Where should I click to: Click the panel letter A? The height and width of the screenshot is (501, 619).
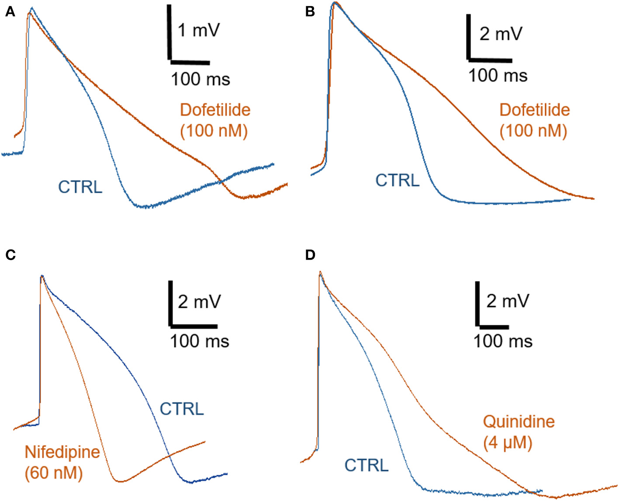click(x=10, y=12)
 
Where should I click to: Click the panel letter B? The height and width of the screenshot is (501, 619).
click(x=310, y=12)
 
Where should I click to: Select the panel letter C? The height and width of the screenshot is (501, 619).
click(x=10, y=255)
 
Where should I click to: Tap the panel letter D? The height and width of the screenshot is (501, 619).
click(x=310, y=255)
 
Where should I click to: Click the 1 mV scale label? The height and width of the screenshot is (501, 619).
click(x=199, y=31)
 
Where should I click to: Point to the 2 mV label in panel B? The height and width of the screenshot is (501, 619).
click(x=501, y=34)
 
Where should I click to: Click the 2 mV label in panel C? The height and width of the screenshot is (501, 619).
click(x=199, y=302)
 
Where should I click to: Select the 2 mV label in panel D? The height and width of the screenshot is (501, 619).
click(x=508, y=301)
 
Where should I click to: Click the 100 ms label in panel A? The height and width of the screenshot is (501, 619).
click(x=200, y=80)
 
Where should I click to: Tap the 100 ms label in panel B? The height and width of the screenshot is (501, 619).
click(x=498, y=76)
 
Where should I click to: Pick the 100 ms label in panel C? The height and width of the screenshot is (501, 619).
click(x=199, y=341)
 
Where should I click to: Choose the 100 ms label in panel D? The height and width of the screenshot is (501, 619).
click(x=503, y=341)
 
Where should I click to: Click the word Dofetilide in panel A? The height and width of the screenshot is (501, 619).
click(x=215, y=110)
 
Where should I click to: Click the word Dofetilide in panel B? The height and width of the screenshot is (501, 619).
click(x=534, y=110)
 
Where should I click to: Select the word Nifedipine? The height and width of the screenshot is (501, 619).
click(x=62, y=452)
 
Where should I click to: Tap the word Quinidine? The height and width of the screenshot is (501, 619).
click(x=519, y=422)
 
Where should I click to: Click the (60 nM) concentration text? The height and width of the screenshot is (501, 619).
click(x=54, y=473)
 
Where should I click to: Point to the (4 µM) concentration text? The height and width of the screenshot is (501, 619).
click(x=508, y=443)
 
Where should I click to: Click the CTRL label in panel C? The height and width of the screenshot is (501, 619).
click(x=182, y=409)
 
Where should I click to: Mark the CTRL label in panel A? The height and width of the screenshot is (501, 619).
click(x=80, y=187)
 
